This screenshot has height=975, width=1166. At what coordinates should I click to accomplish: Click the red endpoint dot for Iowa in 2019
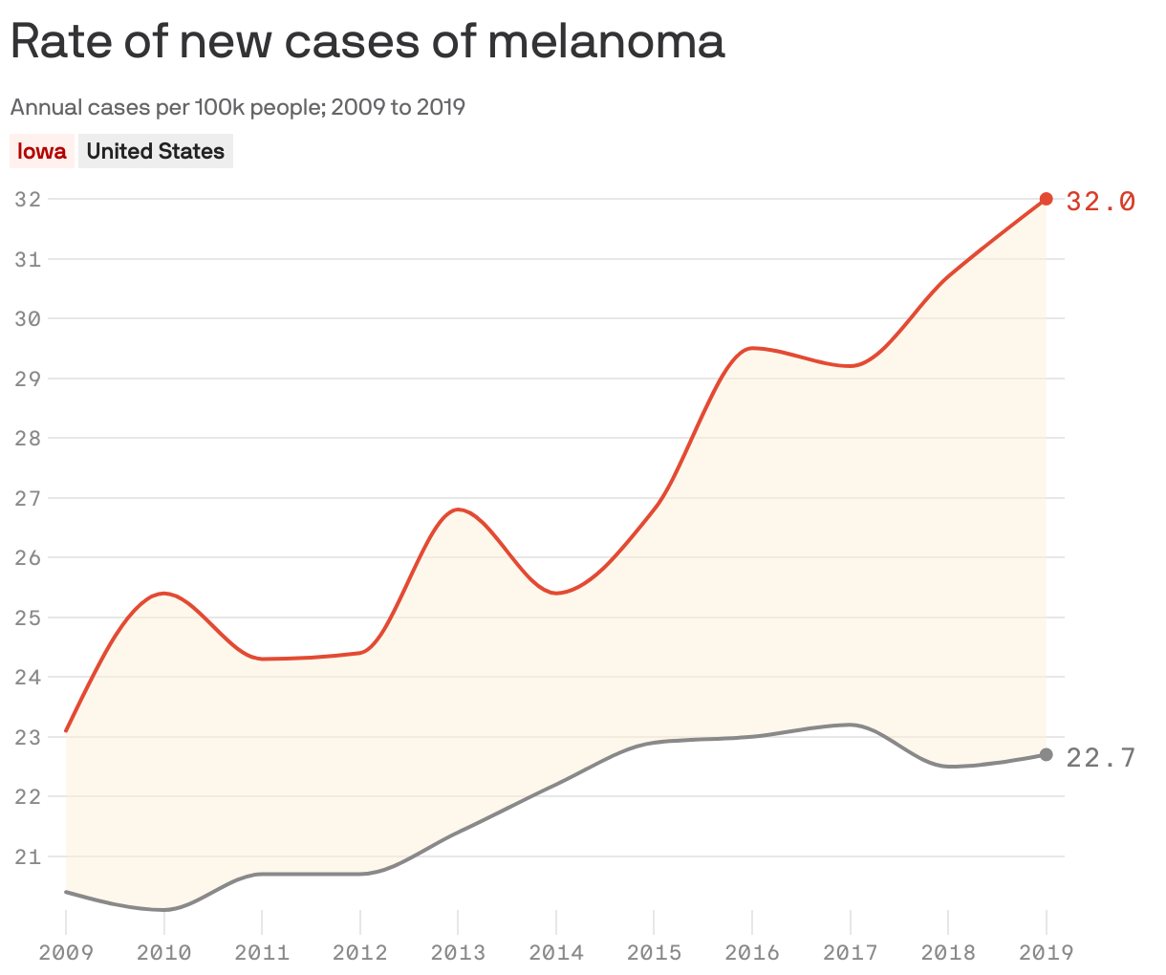coord(1046,199)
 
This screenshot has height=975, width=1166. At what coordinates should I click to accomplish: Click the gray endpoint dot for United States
coord(1046,754)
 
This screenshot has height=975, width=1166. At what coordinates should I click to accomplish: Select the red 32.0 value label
coord(1100,201)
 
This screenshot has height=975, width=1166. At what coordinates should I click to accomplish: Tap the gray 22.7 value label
coord(1100,758)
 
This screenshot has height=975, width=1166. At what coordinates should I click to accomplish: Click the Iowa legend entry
coord(42,151)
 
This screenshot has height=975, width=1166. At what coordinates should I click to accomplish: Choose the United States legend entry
coord(156,151)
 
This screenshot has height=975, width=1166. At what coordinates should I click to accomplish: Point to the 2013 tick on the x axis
coord(458,952)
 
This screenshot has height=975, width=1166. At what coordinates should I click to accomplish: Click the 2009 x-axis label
coord(66,952)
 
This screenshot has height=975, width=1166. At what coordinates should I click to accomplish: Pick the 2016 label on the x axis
coord(751,952)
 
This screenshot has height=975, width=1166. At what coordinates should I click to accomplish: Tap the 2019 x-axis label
coord(1046,952)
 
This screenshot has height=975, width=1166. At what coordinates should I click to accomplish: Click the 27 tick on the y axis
coord(28,498)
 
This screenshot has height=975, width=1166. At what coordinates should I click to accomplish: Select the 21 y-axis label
coord(28,856)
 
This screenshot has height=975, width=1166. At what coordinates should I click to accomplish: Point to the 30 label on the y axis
coord(28,318)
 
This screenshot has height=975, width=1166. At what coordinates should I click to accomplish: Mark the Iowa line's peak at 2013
coord(459,509)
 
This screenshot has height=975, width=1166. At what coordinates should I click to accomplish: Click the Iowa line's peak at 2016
coord(753,348)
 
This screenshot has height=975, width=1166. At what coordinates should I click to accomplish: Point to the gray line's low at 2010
coord(163,909)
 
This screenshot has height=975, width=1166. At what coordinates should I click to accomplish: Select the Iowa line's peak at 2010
coord(164,594)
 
